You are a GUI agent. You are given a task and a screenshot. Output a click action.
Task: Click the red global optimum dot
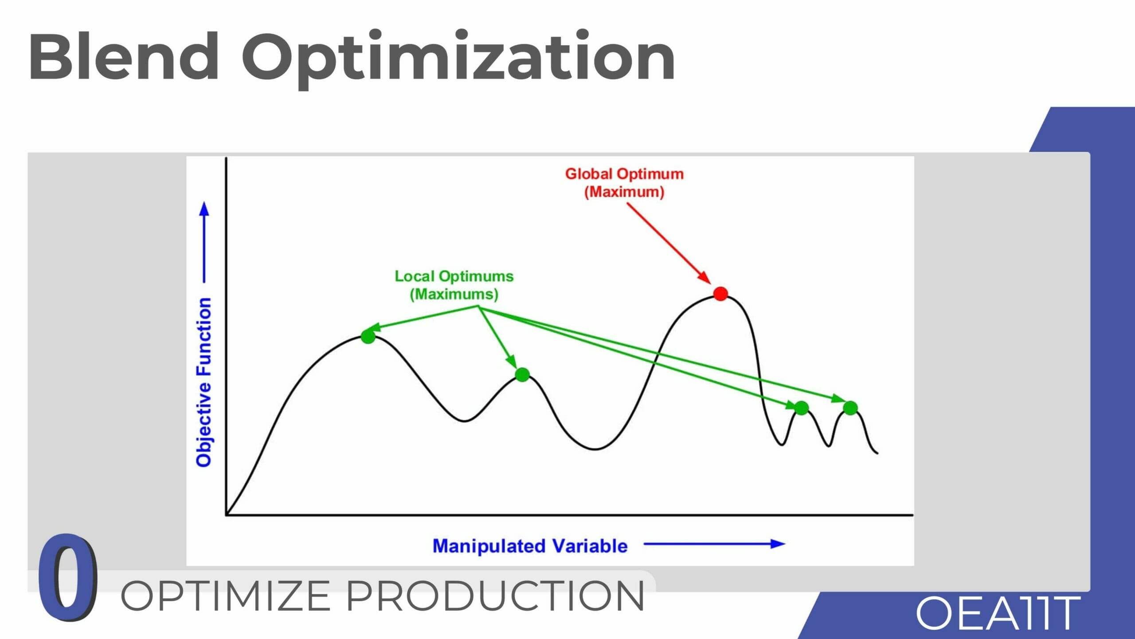[x=720, y=294]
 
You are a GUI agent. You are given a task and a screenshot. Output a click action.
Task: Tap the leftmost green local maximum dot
[x=368, y=336]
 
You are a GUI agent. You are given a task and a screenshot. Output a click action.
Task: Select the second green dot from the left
[x=522, y=375]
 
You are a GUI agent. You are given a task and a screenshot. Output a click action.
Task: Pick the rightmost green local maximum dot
[x=850, y=408]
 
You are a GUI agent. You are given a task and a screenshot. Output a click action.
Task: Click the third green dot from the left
[x=801, y=408]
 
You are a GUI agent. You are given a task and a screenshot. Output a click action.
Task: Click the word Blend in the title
[x=124, y=56]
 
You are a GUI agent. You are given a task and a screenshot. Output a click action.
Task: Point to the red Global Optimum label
[x=624, y=183]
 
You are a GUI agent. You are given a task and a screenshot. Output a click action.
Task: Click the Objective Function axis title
[x=204, y=382]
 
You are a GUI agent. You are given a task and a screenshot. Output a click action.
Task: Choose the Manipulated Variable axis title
[x=530, y=546]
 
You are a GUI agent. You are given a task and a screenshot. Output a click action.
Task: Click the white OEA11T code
[x=998, y=613]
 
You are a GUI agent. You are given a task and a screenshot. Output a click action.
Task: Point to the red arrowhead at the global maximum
[x=704, y=277]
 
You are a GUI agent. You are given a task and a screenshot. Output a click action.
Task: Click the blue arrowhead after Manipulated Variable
[x=778, y=544]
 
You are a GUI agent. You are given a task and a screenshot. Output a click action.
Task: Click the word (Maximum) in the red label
[x=624, y=192]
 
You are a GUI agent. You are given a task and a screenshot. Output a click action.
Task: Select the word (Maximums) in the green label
[x=454, y=294]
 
